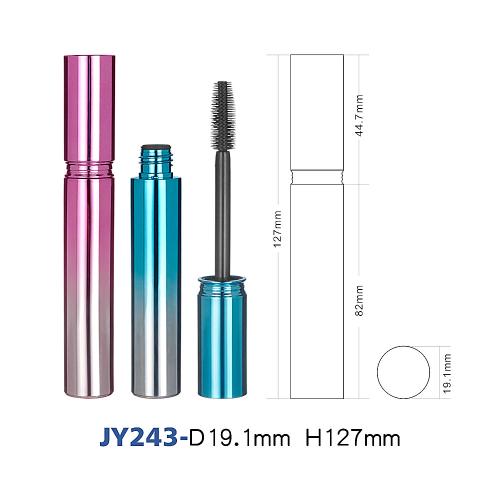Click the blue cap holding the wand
click(x=222, y=337)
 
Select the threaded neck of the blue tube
click(x=156, y=161)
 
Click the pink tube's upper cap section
click(x=89, y=108)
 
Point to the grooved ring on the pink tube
click(x=89, y=169)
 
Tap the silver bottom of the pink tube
click(x=89, y=366)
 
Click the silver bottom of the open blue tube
click(x=156, y=366)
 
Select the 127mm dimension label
click(x=277, y=229)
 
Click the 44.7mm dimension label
click(x=359, y=116)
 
